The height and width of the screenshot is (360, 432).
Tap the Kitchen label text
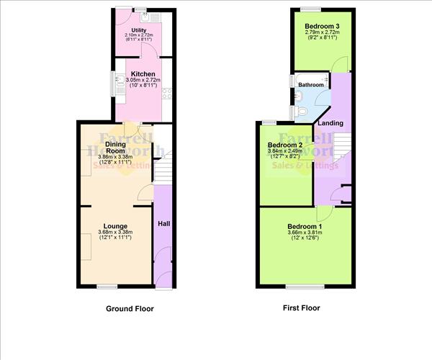[x=140, y=73]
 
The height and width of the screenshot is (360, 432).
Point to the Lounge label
[x=115, y=225]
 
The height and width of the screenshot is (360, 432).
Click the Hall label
[x=163, y=225]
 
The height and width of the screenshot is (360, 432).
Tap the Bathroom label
[x=311, y=85]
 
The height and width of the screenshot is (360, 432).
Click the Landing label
[x=330, y=123]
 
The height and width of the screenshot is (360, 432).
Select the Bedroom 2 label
[x=284, y=145]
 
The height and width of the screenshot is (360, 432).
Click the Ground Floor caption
[x=130, y=308]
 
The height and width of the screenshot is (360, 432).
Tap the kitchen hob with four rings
[x=166, y=93]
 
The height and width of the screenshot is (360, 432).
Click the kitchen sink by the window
[x=119, y=84]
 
